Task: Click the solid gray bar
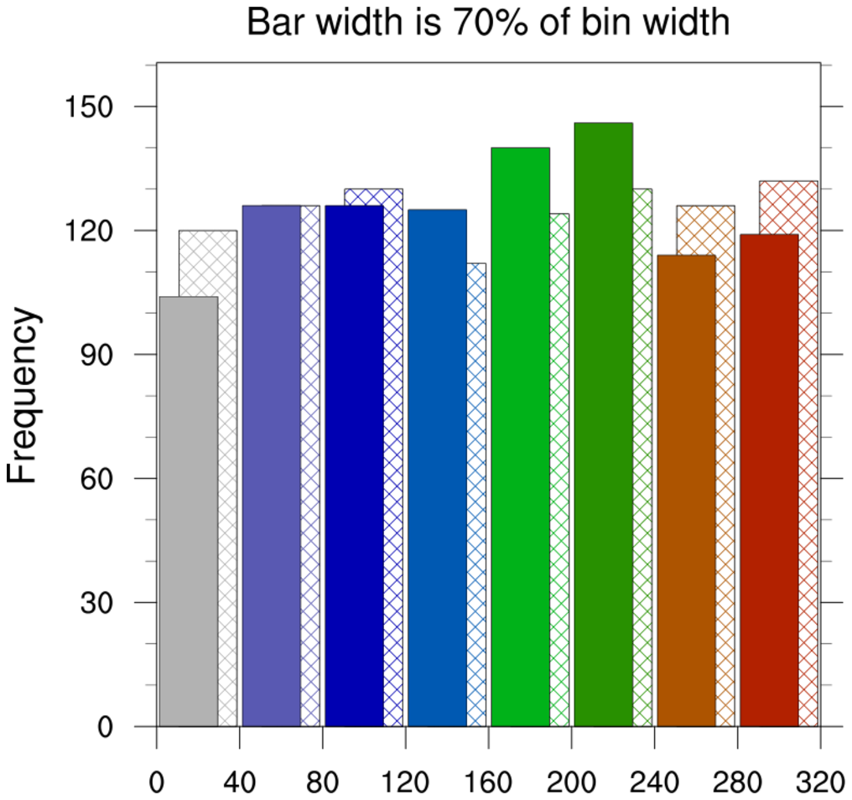(189, 512)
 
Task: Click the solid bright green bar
(520, 437)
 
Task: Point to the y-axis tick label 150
(89, 106)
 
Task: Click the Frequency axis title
(23, 395)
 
